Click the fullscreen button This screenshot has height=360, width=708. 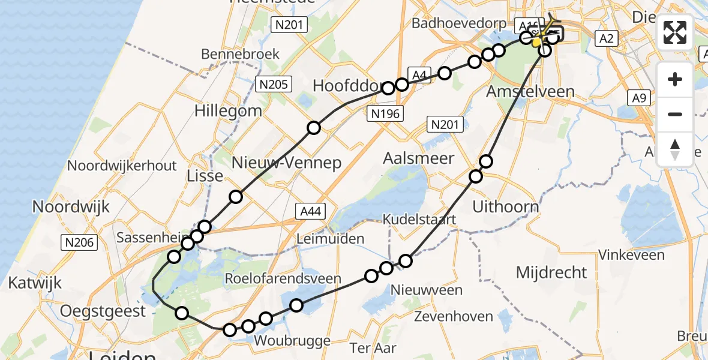675,32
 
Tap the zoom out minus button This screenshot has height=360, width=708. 675,114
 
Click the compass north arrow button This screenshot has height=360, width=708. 675,149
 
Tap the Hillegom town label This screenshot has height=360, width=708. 228,110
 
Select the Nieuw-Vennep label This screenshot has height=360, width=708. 287,163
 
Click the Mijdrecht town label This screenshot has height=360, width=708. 551,272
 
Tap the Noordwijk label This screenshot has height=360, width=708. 71,207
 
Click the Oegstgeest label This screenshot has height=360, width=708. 103,311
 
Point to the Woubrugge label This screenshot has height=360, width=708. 292,341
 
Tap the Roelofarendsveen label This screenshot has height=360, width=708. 283,278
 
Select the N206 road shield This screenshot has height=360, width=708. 79,242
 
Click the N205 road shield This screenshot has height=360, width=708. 273,84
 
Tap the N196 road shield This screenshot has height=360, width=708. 385,113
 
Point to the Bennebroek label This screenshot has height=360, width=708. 240,54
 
